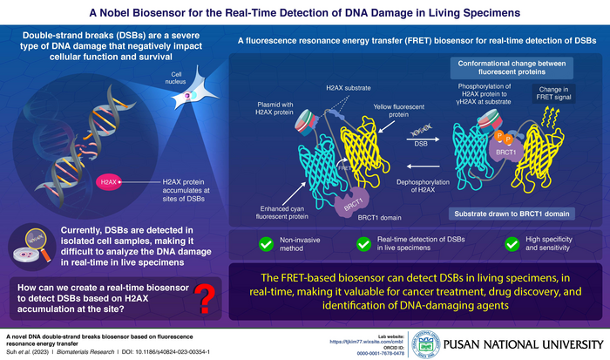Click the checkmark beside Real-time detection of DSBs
point(364,244)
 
